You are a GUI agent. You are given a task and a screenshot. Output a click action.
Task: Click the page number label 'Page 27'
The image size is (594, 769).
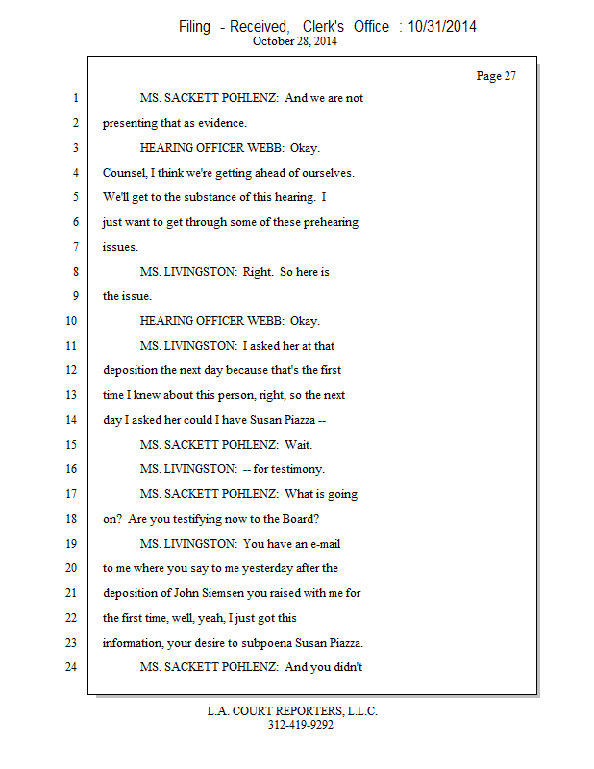tap(496, 76)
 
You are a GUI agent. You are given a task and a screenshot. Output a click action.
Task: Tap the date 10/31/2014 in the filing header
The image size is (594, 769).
tap(442, 27)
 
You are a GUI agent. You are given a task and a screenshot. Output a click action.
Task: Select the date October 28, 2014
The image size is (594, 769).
tap(296, 42)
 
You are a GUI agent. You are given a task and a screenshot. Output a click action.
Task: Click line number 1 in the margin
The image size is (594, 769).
tap(74, 98)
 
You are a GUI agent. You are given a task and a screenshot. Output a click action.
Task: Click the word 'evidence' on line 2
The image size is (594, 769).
tap(221, 123)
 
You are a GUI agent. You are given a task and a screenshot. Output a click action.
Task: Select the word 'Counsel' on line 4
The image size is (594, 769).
tap(125, 173)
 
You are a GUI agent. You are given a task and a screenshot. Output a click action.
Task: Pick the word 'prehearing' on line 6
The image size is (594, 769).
tap(327, 222)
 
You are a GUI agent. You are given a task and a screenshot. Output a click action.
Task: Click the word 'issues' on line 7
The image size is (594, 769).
tap(119, 247)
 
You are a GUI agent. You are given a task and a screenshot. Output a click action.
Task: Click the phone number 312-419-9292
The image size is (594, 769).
tap(300, 725)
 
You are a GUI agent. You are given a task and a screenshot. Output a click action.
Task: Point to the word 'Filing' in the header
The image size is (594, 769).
tap(194, 27)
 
